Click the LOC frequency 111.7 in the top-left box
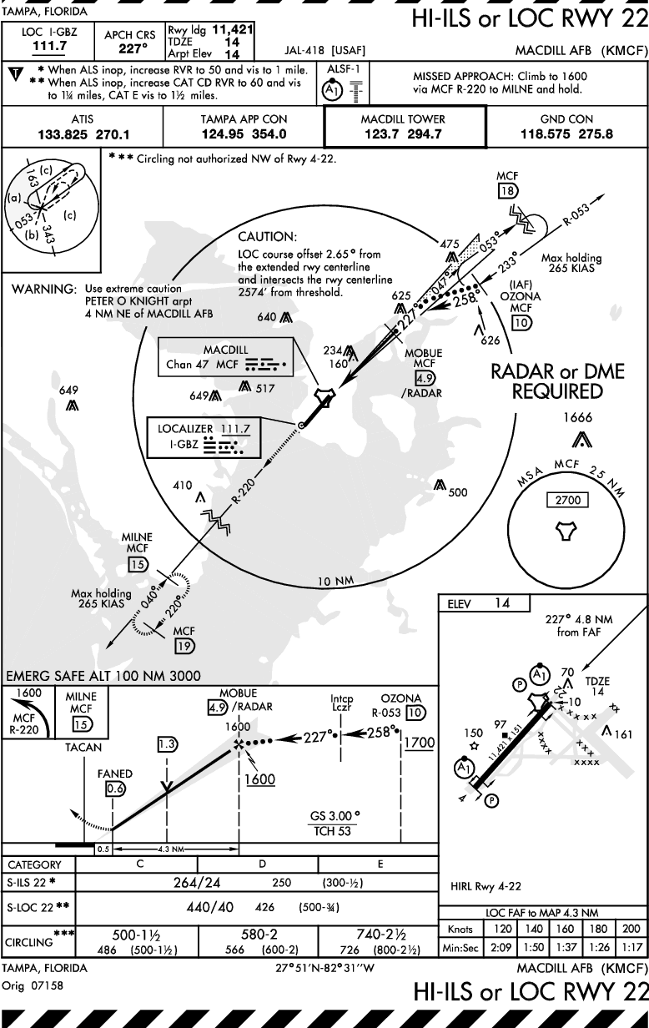(49, 46)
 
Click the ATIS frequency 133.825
(63, 134)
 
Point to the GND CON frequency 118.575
(546, 134)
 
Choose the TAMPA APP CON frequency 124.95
(222, 134)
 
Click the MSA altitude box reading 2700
(568, 500)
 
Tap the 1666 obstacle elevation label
(577, 417)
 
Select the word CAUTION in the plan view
(268, 237)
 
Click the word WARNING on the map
(43, 289)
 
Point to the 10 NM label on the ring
(336, 581)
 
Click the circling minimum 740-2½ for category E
(380, 934)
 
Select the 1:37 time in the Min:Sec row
(565, 947)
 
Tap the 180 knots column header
(598, 929)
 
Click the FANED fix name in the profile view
(114, 774)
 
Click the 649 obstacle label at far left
(68, 391)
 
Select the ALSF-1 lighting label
(344, 68)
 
